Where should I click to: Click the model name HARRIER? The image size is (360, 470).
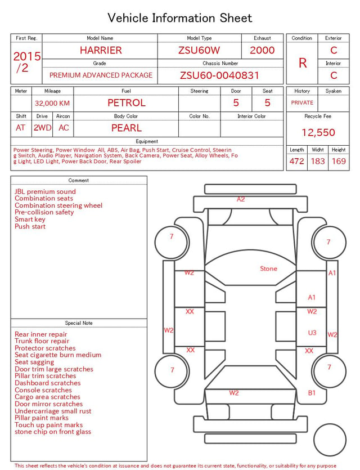pos(101,50)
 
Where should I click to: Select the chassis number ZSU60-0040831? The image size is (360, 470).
pos(219,75)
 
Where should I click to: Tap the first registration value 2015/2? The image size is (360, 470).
pos(26,62)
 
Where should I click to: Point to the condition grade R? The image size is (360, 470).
pos(303,63)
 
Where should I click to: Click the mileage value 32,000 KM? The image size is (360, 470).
pos(52,104)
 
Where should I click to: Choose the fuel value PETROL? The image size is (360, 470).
pos(127,103)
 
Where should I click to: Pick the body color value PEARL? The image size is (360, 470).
pos(127,128)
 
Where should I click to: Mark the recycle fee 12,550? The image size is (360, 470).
pos(318,132)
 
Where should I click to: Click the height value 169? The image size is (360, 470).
pos(339,161)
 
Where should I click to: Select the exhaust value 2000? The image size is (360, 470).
pos(262,50)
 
